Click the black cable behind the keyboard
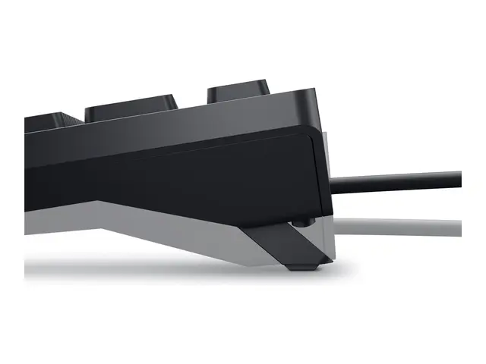pos(395,181)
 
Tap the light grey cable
pos(395,225)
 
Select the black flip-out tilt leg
pos(292,243)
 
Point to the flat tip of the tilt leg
pos(304,265)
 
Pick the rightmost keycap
pos(237,89)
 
